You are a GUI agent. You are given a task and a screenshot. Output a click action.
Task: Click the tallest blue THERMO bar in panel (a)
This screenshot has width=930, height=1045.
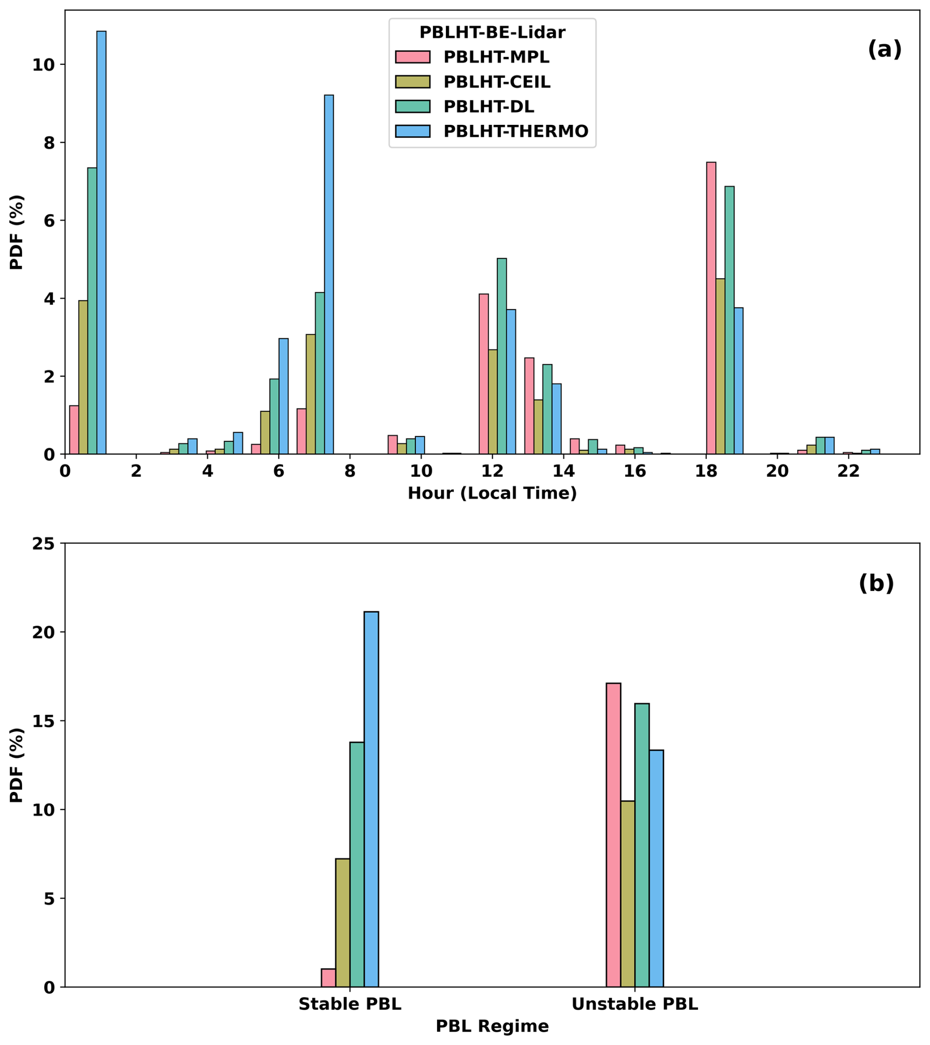(101, 242)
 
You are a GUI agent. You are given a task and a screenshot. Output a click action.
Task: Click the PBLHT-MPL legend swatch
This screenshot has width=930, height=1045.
(412, 57)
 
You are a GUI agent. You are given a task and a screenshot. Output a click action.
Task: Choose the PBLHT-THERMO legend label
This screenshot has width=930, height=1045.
(515, 131)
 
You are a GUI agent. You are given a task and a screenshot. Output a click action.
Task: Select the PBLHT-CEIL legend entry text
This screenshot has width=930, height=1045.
(496, 82)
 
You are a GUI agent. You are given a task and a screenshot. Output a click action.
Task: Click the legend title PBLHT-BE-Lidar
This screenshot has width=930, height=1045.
(492, 33)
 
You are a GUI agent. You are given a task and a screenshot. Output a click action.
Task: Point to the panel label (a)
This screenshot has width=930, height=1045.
(884, 50)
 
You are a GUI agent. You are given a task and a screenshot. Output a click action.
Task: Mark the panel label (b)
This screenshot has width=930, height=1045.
(876, 583)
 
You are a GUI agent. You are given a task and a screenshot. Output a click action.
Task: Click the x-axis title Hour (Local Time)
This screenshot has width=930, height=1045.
(492, 493)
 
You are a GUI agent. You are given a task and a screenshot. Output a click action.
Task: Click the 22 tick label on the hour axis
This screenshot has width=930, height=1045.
(848, 472)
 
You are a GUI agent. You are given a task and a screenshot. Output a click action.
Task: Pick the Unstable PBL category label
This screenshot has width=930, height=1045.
(634, 1004)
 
